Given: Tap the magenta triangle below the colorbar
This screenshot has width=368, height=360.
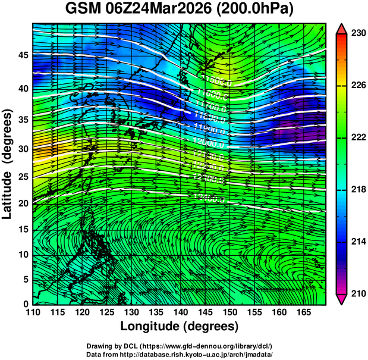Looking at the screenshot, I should pyautogui.click(x=341, y=299).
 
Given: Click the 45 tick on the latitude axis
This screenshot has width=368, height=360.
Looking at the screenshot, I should pyautogui.click(x=22, y=55).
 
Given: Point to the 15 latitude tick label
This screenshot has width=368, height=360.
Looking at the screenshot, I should pyautogui.click(x=22, y=230).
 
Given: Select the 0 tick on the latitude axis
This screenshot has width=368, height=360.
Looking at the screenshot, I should pyautogui.click(x=26, y=304).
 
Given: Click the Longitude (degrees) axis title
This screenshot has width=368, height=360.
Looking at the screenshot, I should pyautogui.click(x=179, y=327).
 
